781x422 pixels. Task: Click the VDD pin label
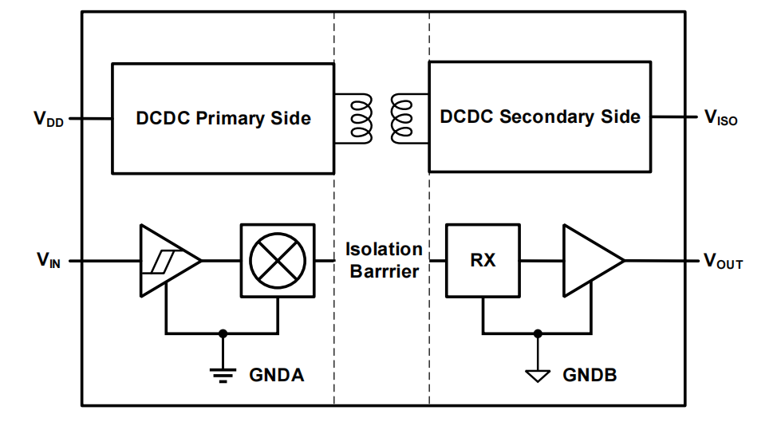tap(49, 120)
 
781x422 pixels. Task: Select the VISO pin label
tap(720, 119)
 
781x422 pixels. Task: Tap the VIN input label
tap(48, 260)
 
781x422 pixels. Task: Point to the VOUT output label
tap(722, 261)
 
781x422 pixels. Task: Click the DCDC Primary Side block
tap(223, 118)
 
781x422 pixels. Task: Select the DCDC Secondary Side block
tap(539, 117)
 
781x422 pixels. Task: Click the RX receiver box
tap(483, 261)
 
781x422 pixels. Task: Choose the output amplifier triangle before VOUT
tap(590, 260)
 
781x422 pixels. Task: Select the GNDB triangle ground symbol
tap(538, 373)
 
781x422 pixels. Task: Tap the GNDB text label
tap(590, 374)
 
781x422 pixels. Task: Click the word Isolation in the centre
tap(383, 250)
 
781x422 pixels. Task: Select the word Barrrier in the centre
tap(383, 271)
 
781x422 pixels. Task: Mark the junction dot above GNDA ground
tap(223, 333)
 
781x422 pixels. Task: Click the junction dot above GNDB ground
tap(538, 333)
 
